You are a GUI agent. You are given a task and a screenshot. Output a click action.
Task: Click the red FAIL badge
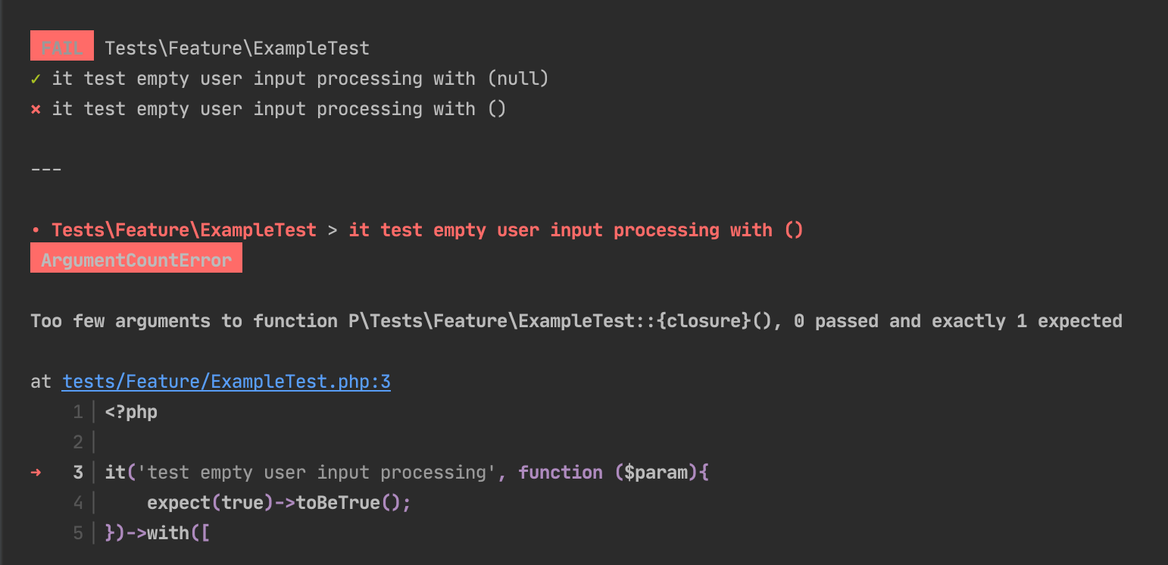[x=62, y=46]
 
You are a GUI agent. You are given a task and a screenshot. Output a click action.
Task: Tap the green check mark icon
[x=36, y=80]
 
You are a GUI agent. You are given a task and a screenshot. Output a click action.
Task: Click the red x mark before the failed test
[x=36, y=110]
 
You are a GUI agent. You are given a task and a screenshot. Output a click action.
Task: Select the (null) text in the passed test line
[x=518, y=79]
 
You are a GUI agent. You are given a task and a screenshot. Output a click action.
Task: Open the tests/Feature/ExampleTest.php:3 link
[x=226, y=382]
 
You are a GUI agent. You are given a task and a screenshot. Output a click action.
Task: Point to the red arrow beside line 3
[x=36, y=473]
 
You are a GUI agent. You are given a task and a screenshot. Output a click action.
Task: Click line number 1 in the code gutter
[x=78, y=412]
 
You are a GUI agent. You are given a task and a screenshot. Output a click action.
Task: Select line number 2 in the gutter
[x=78, y=442]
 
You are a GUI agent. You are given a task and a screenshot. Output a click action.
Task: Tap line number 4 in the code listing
[x=78, y=502]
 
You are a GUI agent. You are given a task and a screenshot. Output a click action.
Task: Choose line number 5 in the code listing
[x=78, y=532]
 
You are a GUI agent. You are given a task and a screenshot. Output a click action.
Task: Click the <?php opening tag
[x=131, y=412]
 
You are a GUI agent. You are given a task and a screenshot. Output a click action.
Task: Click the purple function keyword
[x=561, y=473]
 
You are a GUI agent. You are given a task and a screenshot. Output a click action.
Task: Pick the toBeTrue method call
[x=338, y=502]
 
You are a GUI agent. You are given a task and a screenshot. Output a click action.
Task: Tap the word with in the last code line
[x=168, y=532]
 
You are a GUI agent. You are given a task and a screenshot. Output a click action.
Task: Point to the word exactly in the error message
[x=969, y=321]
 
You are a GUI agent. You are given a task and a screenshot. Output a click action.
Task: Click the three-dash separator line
[x=46, y=170]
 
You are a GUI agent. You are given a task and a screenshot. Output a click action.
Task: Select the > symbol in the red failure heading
[x=333, y=229]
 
